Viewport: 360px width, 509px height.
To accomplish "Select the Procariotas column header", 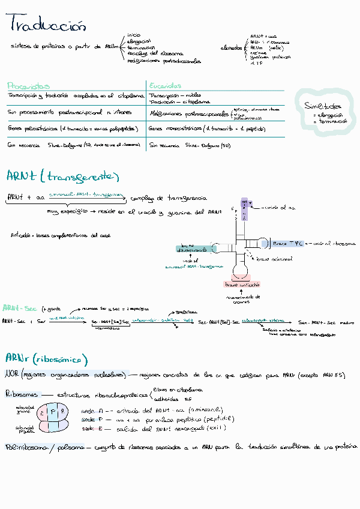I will coord(28,86).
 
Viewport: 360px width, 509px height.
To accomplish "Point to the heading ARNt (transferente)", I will coord(62,176).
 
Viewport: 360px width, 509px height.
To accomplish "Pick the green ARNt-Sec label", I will coord(20,308).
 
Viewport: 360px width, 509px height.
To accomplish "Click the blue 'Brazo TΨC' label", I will coord(288,244).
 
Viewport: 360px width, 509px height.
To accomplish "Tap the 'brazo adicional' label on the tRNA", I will coord(274,259).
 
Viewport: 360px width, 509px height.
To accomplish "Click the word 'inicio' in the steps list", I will coord(134,35).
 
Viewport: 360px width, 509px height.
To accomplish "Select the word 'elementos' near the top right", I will coord(231,47).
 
